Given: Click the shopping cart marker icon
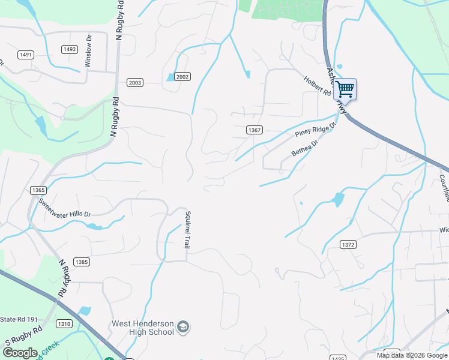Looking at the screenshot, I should click(x=345, y=90).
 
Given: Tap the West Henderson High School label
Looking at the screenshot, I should click(x=143, y=328).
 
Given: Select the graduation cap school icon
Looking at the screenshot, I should click(x=183, y=328).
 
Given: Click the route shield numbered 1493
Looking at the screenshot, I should click(x=69, y=49).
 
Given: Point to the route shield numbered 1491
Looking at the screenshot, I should click(x=25, y=55).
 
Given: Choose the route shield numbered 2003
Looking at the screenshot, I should click(x=135, y=82).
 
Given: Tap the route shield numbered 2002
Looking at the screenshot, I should click(x=182, y=77).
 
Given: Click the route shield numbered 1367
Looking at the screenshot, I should click(x=255, y=130).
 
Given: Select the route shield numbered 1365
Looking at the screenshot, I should click(x=37, y=190).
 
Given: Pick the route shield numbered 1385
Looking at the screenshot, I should click(x=82, y=262).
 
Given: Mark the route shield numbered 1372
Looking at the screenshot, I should click(x=348, y=244).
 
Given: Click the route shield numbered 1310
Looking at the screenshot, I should click(x=64, y=323).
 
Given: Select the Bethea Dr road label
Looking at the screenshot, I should click(x=304, y=146).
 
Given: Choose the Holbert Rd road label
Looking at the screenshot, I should click(x=317, y=87).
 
